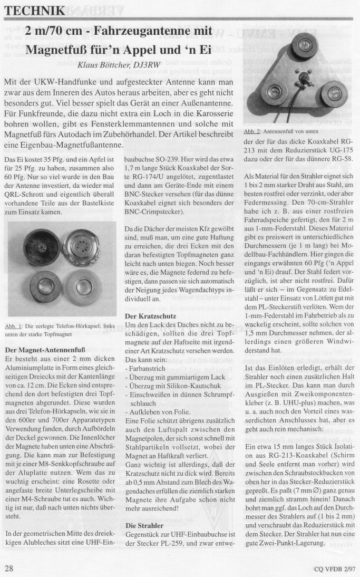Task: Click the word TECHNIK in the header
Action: tap(36, 11)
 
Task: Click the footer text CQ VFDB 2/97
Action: tap(332, 568)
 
